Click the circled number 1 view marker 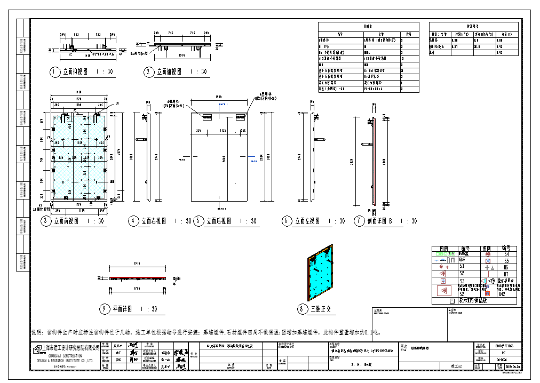coord(54,71)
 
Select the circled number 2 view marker coord(148,71)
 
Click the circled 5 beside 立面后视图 coord(198,221)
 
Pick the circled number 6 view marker coord(287,221)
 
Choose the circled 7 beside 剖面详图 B coord(359,221)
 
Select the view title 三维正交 coord(322,309)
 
